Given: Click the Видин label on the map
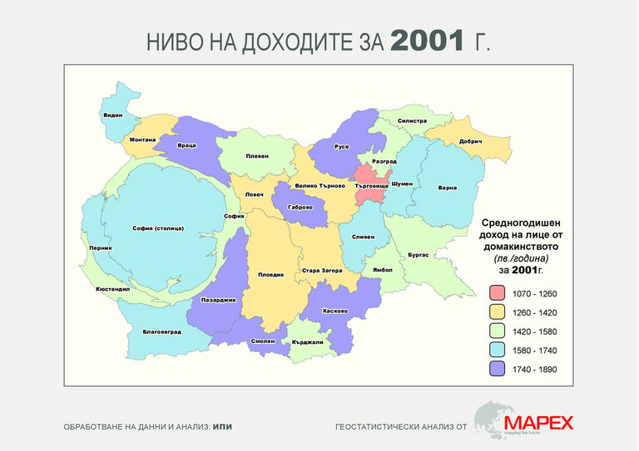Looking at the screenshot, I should tap(113, 115).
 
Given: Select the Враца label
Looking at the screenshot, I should tap(186, 145).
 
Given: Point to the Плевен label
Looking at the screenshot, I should tap(256, 156).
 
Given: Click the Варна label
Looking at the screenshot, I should tap(447, 188).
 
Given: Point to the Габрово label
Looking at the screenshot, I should tap(299, 208).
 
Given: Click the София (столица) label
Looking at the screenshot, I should tap(158, 228).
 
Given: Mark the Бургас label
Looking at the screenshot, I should tap(419, 255).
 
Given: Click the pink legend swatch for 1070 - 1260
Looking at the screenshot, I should tap(498, 293).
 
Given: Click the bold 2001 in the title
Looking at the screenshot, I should tap(427, 41).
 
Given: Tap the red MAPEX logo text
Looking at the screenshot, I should tap(537, 423).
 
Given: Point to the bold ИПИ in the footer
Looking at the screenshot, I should tap(222, 427).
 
